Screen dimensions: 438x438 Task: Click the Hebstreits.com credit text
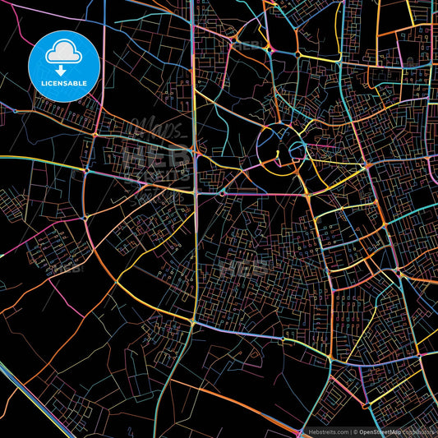coord(327,431)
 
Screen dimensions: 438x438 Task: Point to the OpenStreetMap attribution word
coord(380,431)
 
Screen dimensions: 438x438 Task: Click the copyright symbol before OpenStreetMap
coord(356,431)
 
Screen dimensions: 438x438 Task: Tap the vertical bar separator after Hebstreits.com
coord(349,431)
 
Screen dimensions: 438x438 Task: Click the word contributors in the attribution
coord(417,431)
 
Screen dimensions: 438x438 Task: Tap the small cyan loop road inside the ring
coord(294,150)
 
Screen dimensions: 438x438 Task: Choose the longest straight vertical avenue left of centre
coord(196,247)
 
